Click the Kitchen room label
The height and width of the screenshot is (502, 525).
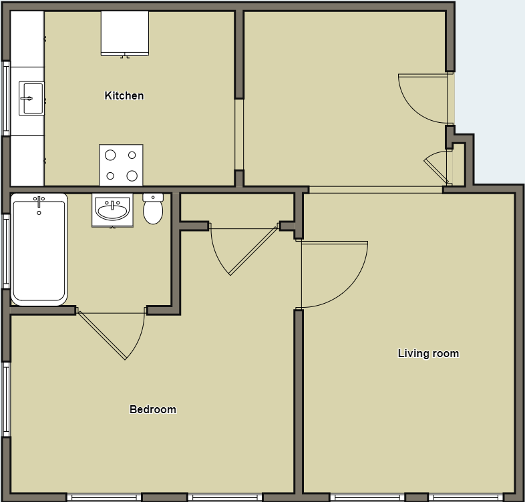pyautogui.click(x=124, y=96)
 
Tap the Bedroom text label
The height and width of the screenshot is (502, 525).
pyautogui.click(x=153, y=410)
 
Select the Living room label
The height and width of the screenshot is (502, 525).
pyautogui.click(x=428, y=354)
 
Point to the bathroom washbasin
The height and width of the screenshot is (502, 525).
pyautogui.click(x=112, y=210)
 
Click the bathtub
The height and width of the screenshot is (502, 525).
pyautogui.click(x=39, y=250)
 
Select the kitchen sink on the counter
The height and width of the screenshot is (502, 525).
pyautogui.click(x=31, y=99)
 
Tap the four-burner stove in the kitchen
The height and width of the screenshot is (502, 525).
pyautogui.click(x=121, y=165)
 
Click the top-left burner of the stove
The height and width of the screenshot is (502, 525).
pyautogui.click(x=111, y=156)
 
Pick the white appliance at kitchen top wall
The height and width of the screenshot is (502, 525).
pyautogui.click(x=124, y=33)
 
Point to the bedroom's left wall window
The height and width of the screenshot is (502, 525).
pyautogui.click(x=6, y=399)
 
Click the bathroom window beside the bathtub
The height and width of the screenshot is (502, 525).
pyautogui.click(x=6, y=251)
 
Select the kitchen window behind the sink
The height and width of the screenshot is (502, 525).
pyautogui.click(x=6, y=98)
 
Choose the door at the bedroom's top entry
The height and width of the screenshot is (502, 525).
pyautogui.click(x=244, y=250)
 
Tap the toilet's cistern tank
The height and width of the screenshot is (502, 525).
pyautogui.click(x=153, y=198)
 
